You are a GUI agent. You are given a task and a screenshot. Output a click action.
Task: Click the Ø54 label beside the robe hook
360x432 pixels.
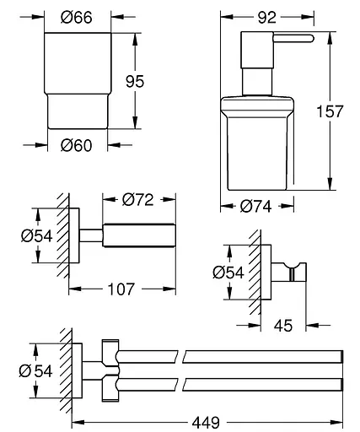pyautogui.click(x=227, y=272)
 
